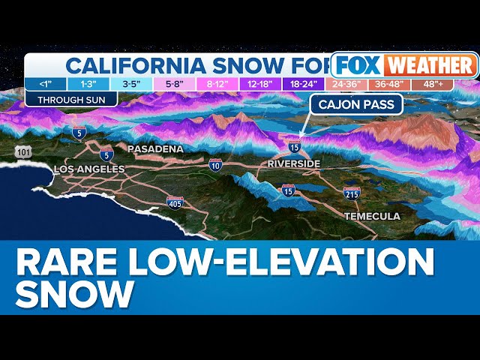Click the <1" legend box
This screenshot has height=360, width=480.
click(45, 84)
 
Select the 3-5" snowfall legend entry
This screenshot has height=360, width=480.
click(131, 84)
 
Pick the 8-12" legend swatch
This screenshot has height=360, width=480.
click(218, 84)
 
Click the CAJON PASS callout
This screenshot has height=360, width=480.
click(356, 105)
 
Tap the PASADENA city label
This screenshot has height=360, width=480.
click(155, 148)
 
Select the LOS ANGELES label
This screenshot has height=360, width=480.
click(89, 169)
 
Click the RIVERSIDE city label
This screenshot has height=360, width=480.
click(294, 163)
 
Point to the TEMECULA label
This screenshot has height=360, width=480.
click(372, 216)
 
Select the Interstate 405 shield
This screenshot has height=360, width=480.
click(175, 202)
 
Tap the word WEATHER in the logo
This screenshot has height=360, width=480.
click(425, 65)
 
